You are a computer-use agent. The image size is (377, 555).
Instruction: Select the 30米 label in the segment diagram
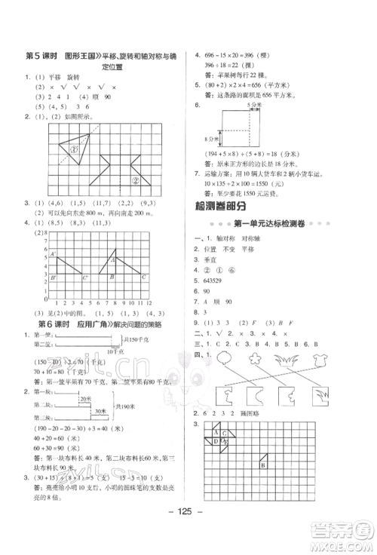pyautogui.click(x=98, y=410)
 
